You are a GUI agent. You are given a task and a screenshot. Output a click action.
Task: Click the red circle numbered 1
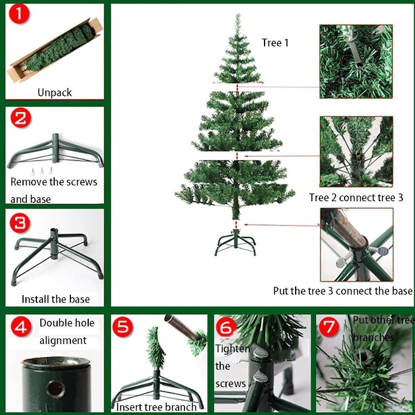(x=19, y=14)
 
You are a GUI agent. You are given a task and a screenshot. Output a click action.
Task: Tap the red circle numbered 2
(x=21, y=118)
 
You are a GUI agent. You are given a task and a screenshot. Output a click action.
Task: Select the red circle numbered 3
(x=20, y=223)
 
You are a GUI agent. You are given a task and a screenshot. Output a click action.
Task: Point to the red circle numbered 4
(x=21, y=326)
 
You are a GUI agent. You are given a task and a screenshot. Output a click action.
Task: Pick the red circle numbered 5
(x=123, y=327)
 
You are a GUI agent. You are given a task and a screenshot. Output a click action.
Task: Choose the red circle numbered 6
(x=226, y=327)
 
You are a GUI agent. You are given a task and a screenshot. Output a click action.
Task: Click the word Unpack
(x=55, y=93)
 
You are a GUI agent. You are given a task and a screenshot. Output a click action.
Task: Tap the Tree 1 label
(x=275, y=43)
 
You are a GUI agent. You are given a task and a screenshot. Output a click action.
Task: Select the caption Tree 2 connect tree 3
(x=356, y=198)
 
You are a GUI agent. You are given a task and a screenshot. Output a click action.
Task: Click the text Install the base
(x=55, y=299)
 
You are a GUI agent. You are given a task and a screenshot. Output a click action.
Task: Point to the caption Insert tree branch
(x=156, y=407)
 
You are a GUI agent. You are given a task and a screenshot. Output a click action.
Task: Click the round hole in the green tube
(x=55, y=389)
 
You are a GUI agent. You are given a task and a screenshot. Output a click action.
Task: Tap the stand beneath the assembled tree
(x=235, y=243)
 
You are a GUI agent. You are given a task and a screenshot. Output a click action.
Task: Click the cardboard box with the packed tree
(x=55, y=50)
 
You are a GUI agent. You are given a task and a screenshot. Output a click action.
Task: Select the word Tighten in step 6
(x=233, y=349)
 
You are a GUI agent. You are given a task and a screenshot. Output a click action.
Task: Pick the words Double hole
(x=67, y=323)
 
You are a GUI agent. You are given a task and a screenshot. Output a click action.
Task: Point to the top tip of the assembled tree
(x=238, y=14)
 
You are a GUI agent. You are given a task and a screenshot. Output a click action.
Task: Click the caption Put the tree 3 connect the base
(x=343, y=291)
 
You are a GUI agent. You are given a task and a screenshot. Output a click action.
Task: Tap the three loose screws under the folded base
(x=41, y=171)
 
